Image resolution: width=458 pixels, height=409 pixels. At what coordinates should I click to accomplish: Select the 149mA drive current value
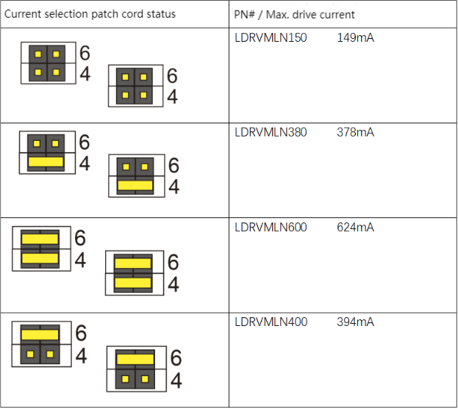(356, 38)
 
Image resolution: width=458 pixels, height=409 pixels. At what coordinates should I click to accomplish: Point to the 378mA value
(356, 133)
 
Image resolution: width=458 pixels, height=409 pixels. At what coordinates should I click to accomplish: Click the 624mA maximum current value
(356, 228)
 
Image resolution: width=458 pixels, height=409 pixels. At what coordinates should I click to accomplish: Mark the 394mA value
(356, 322)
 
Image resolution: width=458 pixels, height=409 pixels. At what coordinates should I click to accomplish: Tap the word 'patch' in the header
(104, 15)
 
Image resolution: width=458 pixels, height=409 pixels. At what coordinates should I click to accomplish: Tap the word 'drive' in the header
(308, 15)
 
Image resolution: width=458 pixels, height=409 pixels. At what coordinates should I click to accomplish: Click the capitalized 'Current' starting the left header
(22, 15)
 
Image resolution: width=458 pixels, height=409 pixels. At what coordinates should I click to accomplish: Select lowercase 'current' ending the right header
(340, 15)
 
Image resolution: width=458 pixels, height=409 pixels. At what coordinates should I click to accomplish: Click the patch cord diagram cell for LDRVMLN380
(114, 170)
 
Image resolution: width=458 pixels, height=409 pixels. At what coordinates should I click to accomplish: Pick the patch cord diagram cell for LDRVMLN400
(114, 361)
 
